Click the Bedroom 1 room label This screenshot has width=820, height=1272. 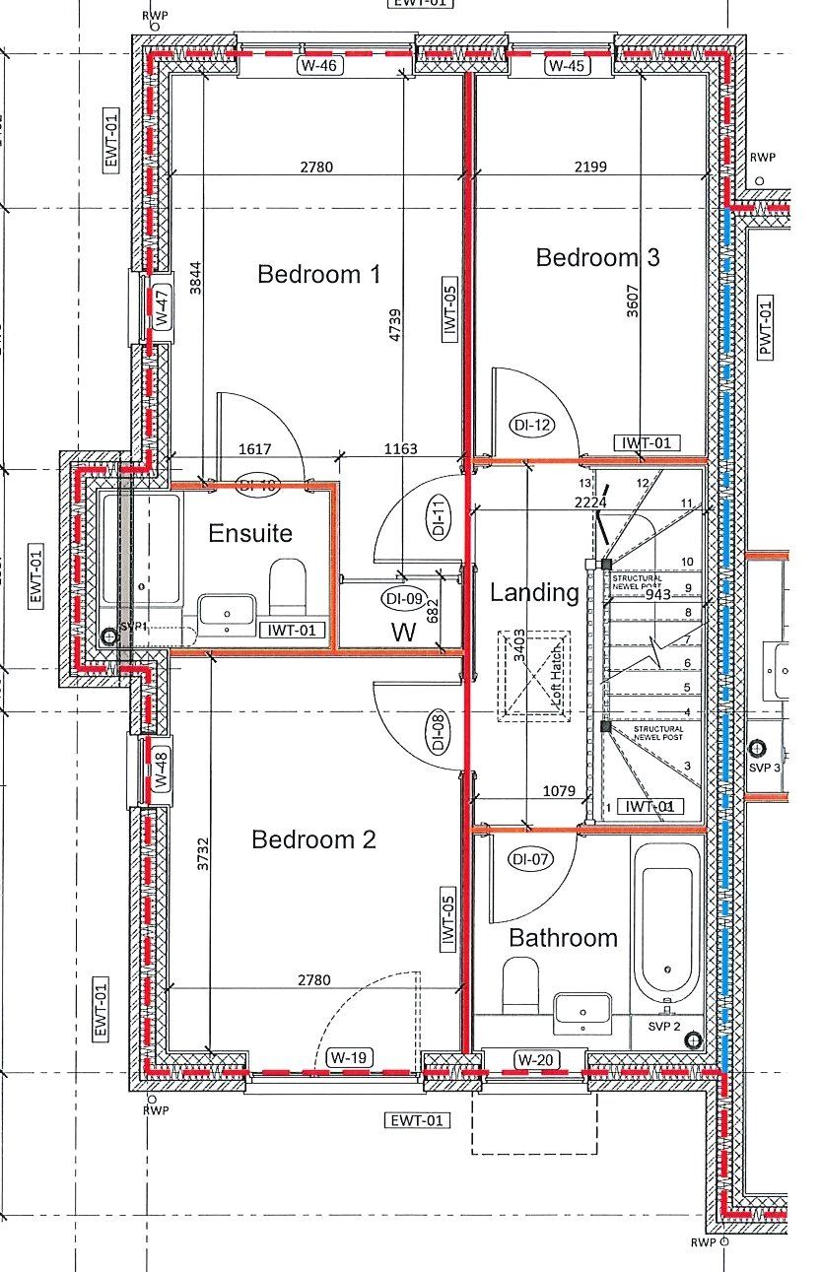coord(318,274)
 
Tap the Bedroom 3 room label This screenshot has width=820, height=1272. coord(597,257)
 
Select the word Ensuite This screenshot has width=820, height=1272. coord(250,534)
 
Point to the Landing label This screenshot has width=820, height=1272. coord(534,593)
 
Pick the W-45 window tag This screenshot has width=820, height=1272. coord(567,67)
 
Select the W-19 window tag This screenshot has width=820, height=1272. coord(349,1058)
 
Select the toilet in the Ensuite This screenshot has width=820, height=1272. coord(288,586)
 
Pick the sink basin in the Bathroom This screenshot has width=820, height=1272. coord(581,1013)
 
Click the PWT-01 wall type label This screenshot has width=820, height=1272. coord(765,330)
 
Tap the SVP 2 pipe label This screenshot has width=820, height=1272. coord(664,1027)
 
